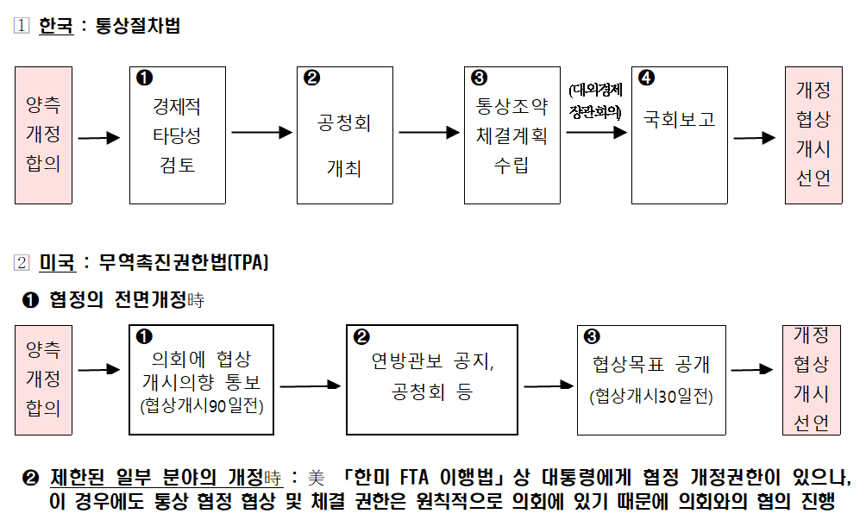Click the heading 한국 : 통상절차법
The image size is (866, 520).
pos(110,26)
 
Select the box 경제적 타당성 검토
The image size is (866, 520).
pos(177,135)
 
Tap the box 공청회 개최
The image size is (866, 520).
pos(344,135)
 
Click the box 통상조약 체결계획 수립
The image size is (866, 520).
pos(511,135)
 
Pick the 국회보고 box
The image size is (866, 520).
pos(679,135)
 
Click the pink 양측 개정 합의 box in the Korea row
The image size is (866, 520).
pos(43,135)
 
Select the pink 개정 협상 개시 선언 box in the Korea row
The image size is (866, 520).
pos(813,135)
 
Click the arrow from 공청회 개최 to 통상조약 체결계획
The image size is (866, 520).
pos(430,133)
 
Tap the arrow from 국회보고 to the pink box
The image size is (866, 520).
pos(754,137)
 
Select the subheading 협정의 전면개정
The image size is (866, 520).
pos(117,300)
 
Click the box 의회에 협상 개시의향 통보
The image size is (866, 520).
pos(201,379)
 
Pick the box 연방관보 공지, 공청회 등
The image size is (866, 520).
pos(431,379)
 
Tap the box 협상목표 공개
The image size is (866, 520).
pos(651,379)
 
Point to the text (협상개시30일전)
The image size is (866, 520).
pos(651,398)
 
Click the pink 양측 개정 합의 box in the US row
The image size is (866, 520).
pos(43,379)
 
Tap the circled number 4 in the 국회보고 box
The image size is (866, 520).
pos(646,78)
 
